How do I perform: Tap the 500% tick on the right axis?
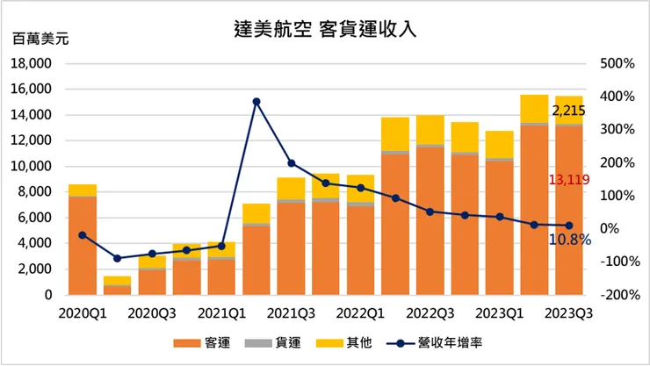[x=617, y=64]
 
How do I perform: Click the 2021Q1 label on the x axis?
[x=220, y=312]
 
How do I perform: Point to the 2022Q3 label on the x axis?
[x=429, y=312]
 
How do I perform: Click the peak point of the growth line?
[x=256, y=102]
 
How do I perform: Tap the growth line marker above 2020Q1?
[x=82, y=235]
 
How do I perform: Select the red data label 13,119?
[x=567, y=180]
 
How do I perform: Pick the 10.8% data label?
[x=571, y=239]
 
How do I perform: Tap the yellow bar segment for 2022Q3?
[x=430, y=130]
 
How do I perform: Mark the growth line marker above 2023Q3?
[x=568, y=226]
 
